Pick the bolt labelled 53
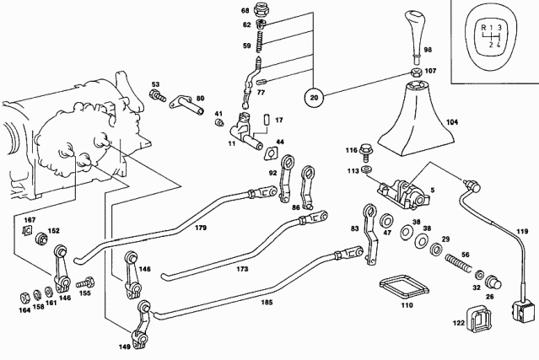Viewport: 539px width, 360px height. click(158, 95)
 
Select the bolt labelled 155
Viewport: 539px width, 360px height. click(84, 285)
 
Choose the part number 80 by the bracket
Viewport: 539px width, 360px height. click(201, 99)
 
